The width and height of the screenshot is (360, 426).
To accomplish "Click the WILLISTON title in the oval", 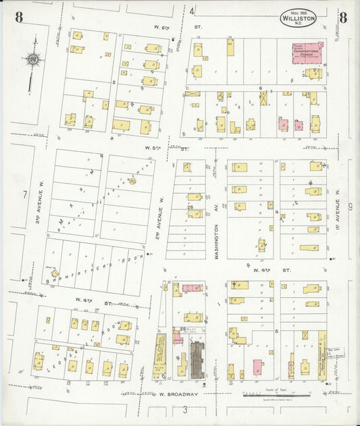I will click(298, 20).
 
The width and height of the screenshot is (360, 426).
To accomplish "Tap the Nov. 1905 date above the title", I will click(298, 12).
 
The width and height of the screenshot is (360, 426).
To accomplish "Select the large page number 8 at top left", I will click(18, 18).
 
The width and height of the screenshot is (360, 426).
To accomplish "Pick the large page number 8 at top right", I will click(344, 18).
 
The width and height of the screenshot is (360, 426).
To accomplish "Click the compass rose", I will click(32, 59).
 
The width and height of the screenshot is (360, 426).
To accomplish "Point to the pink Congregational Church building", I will click(307, 53).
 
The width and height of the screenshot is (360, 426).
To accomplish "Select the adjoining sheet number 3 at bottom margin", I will click(184, 409).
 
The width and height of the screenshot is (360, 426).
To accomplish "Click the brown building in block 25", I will click(197, 359).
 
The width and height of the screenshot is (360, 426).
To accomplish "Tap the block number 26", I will click(190, 207).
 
